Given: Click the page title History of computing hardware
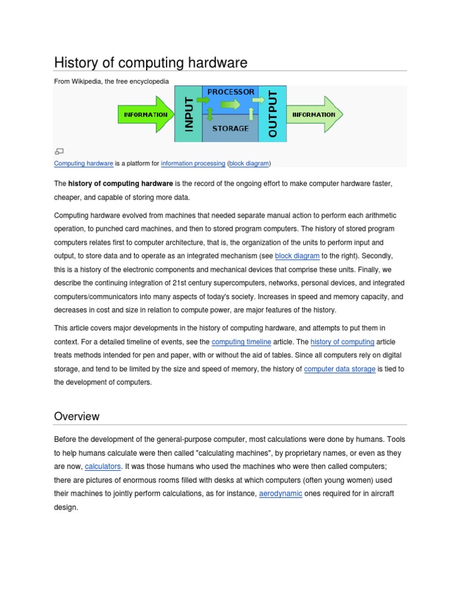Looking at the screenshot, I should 150,62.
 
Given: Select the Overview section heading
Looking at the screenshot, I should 77,416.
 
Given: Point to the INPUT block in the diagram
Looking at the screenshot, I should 188,114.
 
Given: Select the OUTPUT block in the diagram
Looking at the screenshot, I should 273,114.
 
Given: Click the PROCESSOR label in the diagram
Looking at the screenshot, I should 230,92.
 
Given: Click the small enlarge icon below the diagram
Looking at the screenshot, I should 59,151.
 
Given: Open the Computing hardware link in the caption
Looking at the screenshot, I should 84,163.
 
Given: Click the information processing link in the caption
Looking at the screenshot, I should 193,163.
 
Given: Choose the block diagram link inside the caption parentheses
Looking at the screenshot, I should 249,163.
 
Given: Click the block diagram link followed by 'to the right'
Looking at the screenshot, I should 297,255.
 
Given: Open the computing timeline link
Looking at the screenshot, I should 241,342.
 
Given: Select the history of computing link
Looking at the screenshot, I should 342,342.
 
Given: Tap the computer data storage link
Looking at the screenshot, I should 340,369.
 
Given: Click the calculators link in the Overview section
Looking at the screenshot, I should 102,466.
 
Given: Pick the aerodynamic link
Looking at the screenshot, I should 280,493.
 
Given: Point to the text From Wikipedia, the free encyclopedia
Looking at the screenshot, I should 111,81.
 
